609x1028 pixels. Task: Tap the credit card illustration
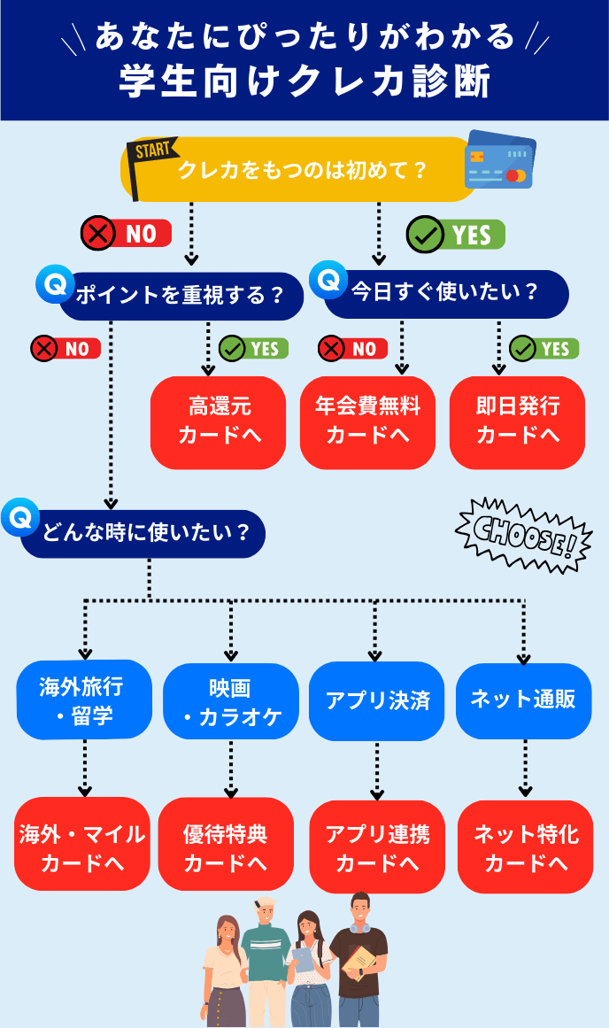[x=499, y=160]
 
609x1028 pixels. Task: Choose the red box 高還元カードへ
[x=219, y=421]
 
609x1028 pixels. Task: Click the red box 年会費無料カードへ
[x=367, y=421]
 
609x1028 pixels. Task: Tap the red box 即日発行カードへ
[x=517, y=421]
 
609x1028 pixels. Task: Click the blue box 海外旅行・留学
[x=84, y=700]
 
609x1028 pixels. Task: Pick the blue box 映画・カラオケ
[x=231, y=700]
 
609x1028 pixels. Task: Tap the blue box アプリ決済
[x=377, y=700]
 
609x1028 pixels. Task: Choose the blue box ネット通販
[x=524, y=700]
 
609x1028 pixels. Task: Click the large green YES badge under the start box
[x=455, y=235]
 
